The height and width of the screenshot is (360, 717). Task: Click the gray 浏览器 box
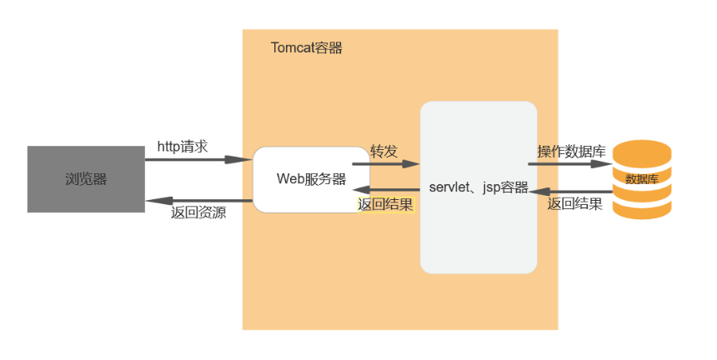tap(86, 179)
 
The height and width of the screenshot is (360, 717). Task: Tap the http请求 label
tap(183, 147)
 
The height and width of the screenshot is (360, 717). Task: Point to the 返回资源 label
tap(198, 212)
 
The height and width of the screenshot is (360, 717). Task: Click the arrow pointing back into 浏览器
tap(199, 201)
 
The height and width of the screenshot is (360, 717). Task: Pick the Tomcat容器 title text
tap(307, 47)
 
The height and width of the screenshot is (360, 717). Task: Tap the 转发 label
tap(384, 152)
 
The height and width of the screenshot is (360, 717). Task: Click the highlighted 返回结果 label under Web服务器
tap(385, 205)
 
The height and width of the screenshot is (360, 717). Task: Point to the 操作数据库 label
tap(571, 152)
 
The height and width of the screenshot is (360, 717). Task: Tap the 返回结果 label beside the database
tap(575, 203)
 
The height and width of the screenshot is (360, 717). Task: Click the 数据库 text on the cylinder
tap(642, 179)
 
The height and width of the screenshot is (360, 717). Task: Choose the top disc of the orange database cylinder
tap(642, 152)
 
